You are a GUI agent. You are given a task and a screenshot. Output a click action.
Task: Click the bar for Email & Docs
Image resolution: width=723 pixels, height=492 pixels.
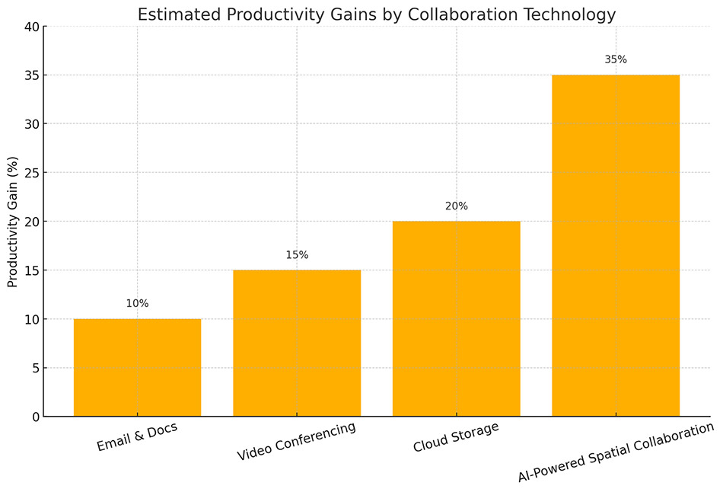coord(137,368)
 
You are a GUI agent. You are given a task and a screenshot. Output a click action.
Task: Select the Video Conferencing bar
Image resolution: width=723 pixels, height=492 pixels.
coord(297,343)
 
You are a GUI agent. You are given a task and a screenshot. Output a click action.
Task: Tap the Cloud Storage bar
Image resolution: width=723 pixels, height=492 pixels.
coord(456,319)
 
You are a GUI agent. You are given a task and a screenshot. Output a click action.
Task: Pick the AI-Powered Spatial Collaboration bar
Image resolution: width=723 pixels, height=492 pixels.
coord(616,246)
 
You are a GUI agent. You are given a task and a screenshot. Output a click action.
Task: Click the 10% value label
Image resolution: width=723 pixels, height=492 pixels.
coord(137,304)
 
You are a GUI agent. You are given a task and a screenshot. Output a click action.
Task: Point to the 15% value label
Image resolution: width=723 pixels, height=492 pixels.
coord(297,255)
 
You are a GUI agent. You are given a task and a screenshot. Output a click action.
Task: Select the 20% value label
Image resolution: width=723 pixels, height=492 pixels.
coord(456,206)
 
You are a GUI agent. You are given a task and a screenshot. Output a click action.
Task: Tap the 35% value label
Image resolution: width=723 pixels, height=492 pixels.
coord(616,59)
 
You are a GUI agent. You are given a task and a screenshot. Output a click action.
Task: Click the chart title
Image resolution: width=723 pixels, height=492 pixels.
coord(376,14)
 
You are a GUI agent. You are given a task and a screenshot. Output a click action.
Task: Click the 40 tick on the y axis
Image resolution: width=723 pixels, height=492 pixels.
coord(30,27)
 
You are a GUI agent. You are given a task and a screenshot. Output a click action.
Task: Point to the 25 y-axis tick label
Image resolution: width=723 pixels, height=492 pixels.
coord(30,173)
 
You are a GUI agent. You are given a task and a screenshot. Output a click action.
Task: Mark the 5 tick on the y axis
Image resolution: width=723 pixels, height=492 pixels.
coord(34,368)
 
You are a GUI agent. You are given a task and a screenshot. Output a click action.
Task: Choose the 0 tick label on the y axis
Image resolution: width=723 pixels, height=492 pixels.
coord(34,417)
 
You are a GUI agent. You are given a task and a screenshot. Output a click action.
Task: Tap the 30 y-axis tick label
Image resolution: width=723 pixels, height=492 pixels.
coord(30,124)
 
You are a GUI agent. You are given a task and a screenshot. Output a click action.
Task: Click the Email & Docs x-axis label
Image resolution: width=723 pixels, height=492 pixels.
coord(137,437)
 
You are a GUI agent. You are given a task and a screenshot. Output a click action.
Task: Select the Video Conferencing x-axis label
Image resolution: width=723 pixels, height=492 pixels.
coord(297,442)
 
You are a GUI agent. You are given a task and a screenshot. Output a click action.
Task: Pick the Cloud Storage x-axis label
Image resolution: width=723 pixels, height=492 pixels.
coord(456,437)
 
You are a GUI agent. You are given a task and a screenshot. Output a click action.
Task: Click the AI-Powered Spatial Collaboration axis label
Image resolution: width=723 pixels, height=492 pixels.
coord(616,452)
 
